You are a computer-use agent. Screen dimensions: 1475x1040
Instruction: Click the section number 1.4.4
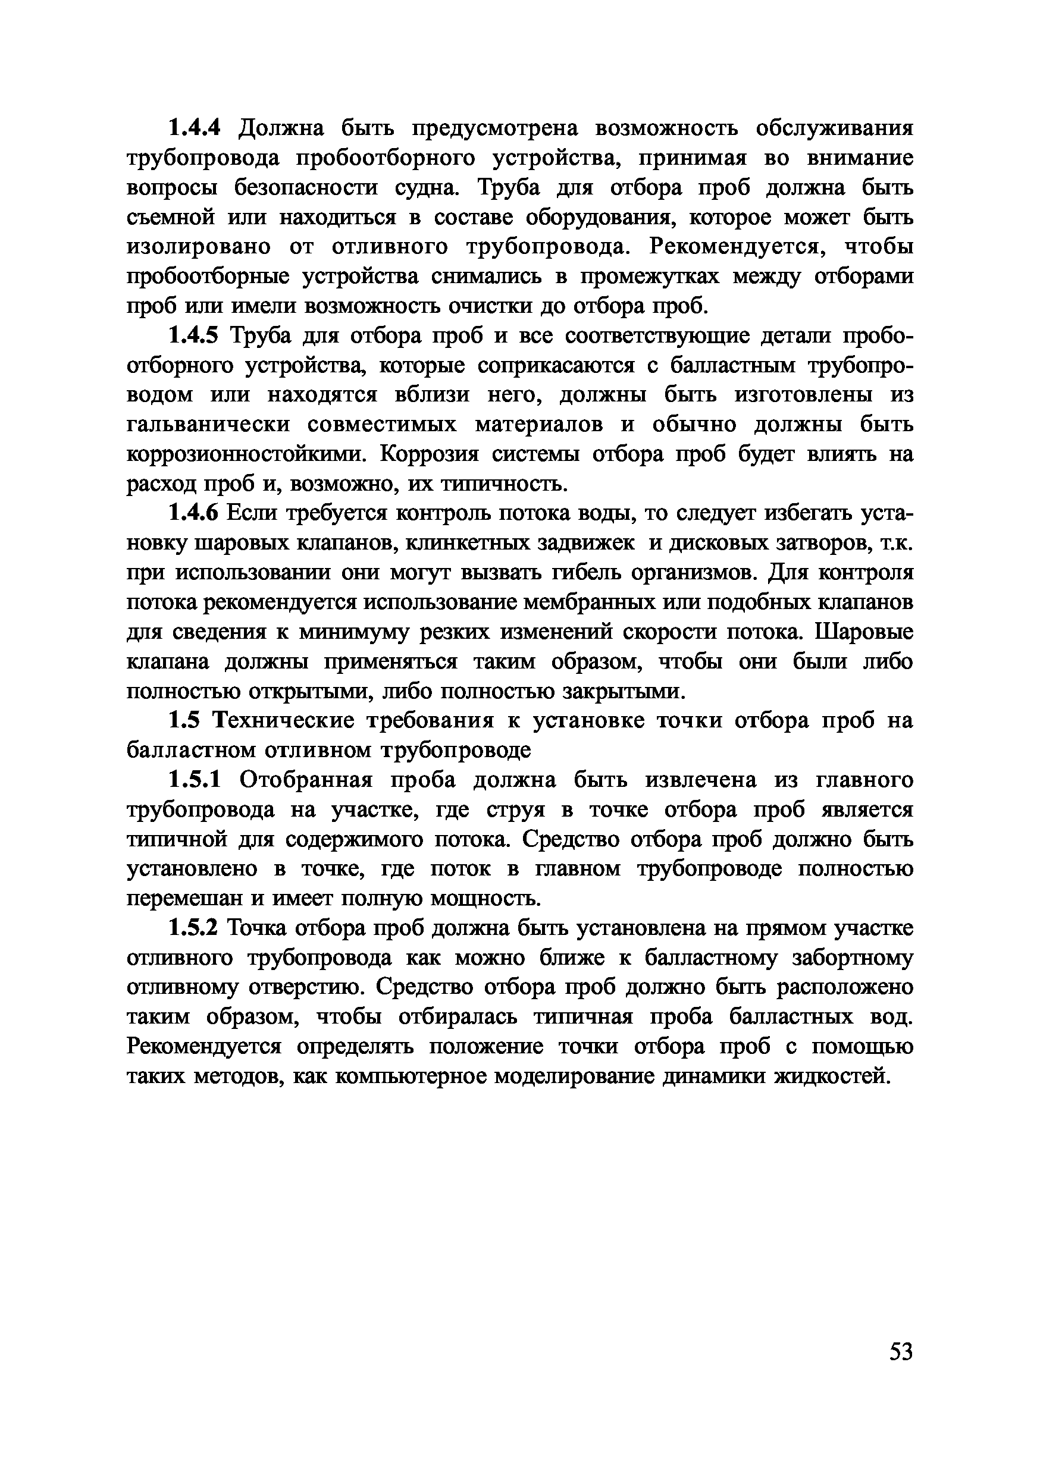coord(194,128)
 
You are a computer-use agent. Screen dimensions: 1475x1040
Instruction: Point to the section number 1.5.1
coord(194,779)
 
